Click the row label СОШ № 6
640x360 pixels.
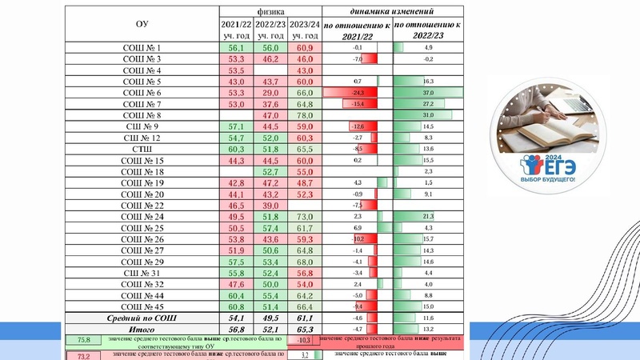(142, 93)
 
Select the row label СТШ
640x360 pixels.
(142, 149)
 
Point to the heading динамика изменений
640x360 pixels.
(394, 14)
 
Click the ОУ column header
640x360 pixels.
(142, 25)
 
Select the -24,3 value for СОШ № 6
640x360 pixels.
(358, 93)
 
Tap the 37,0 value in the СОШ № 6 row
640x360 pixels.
(429, 93)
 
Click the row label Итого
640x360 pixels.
(142, 330)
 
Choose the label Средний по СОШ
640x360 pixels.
(142, 318)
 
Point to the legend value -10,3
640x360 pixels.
(303, 341)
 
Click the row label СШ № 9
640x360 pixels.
(142, 126)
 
